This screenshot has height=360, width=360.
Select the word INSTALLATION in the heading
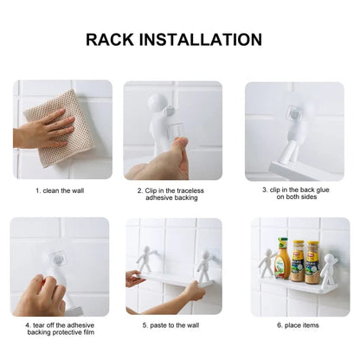coord(208,39)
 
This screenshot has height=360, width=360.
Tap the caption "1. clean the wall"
coord(61,190)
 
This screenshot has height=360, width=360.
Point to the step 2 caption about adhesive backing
coord(179,196)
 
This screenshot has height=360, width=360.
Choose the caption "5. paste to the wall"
coord(179,325)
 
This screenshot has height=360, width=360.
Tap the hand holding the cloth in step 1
coord(39,131)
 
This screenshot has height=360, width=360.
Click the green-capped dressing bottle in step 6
coord(281,259)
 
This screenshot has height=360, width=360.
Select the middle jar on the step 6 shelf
coord(298,261)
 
